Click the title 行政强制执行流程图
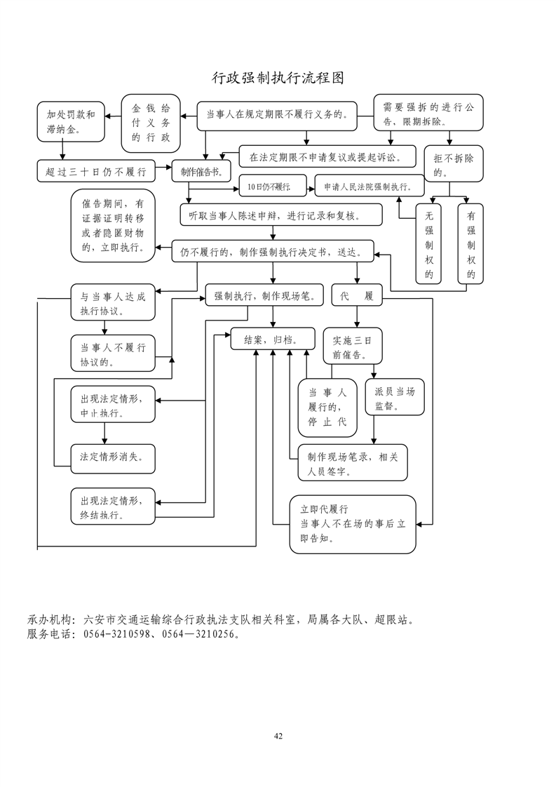[278, 77]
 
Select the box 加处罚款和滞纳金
[70, 120]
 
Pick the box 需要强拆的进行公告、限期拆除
[428, 112]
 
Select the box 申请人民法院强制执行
[369, 187]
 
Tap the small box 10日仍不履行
[264, 187]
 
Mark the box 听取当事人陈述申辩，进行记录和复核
[280, 215]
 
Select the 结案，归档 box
[270, 339]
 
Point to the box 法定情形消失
[112, 457]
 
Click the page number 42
[278, 736]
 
